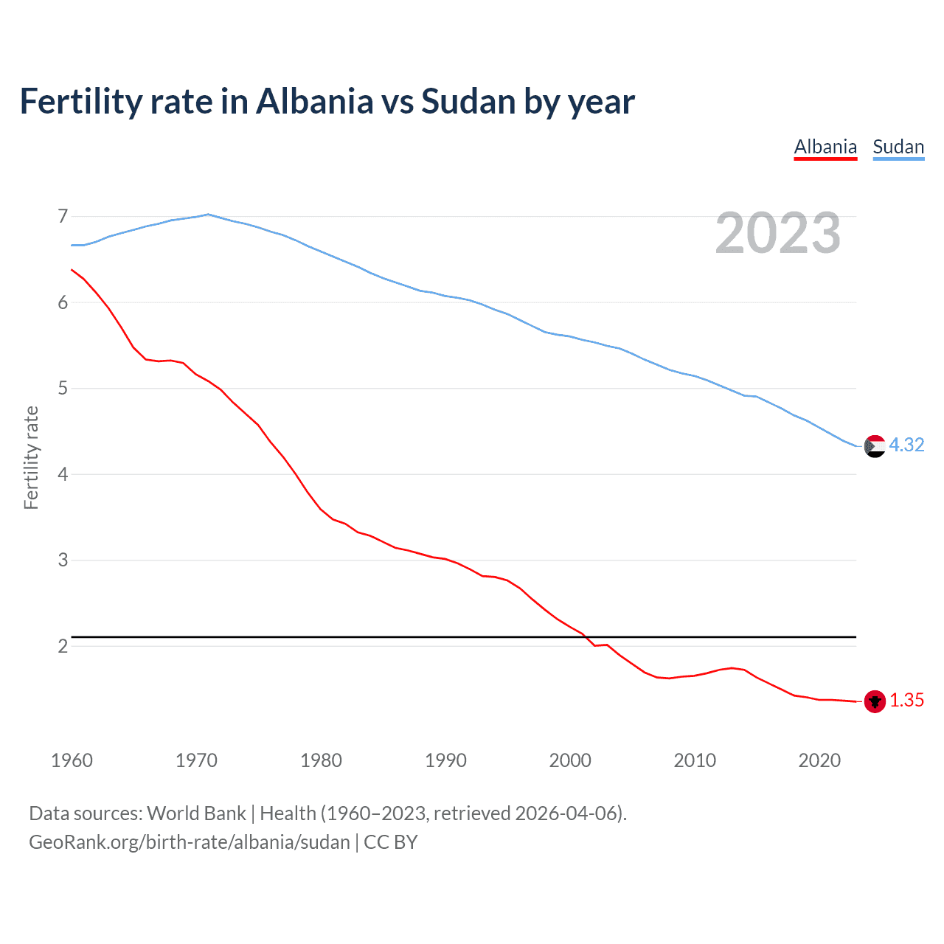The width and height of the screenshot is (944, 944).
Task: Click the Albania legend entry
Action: click(x=825, y=147)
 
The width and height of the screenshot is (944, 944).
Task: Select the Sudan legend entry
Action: click(x=898, y=147)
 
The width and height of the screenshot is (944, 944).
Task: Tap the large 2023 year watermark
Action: click(x=777, y=233)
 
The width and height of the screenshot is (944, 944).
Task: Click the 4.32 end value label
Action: click(x=906, y=445)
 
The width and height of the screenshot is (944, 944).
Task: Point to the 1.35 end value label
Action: click(x=906, y=701)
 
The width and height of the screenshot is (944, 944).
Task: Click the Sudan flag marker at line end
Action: click(x=875, y=446)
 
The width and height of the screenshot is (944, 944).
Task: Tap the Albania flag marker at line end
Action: click(x=875, y=701)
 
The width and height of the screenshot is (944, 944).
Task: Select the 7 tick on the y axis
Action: click(x=63, y=217)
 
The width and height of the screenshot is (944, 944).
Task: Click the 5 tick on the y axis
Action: click(x=63, y=389)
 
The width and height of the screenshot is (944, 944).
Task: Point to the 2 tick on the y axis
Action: click(x=63, y=647)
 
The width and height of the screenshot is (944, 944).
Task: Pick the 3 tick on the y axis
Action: click(x=63, y=560)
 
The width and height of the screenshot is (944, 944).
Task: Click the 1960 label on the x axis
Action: click(x=72, y=760)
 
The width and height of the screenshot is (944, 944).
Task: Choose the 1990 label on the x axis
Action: click(x=445, y=760)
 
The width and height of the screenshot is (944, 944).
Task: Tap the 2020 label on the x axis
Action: click(x=819, y=760)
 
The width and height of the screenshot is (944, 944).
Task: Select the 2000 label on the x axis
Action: click(x=570, y=760)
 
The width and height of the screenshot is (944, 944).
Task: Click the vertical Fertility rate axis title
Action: click(x=31, y=457)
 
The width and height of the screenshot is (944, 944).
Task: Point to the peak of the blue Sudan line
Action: click(x=208, y=214)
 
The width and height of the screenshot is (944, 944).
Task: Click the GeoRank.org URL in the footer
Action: click(x=190, y=842)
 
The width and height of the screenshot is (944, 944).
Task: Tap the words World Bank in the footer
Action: click(x=196, y=813)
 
